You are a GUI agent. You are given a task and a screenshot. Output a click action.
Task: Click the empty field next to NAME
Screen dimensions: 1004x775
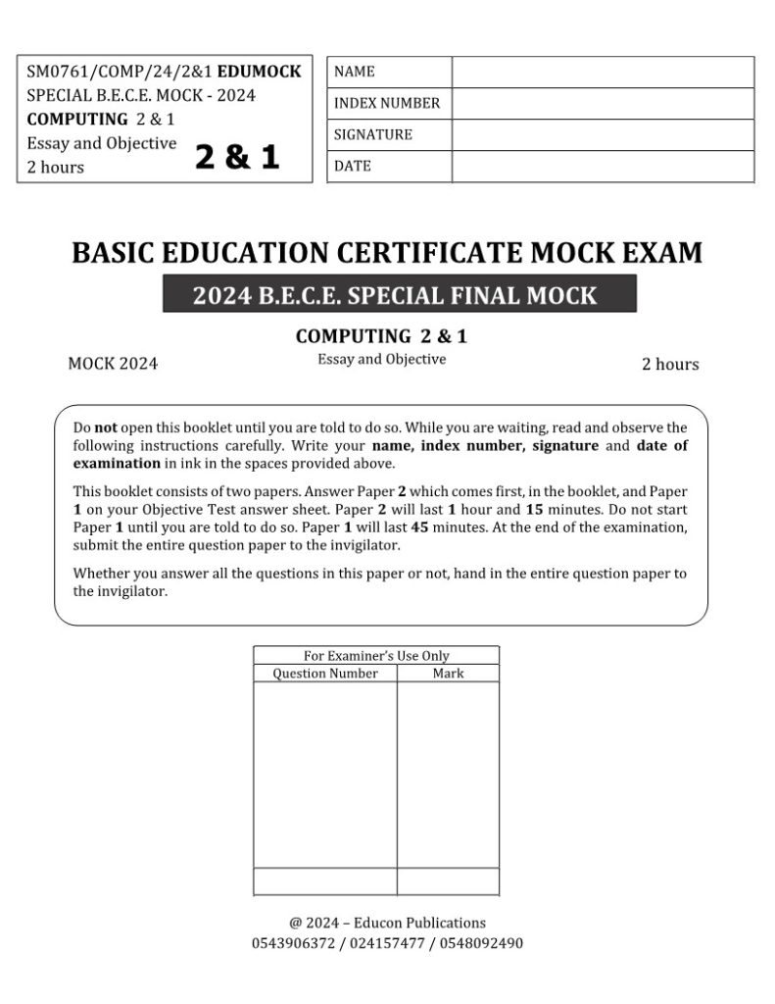click(x=603, y=72)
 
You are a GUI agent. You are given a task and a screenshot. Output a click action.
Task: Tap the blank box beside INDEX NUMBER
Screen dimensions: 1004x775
click(x=603, y=103)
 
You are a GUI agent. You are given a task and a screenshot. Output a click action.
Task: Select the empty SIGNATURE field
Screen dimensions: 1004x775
click(x=603, y=134)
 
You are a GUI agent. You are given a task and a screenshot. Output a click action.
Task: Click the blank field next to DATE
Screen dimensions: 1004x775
click(x=603, y=166)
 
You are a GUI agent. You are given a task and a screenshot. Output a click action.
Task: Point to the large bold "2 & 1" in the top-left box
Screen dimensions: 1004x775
click(x=237, y=157)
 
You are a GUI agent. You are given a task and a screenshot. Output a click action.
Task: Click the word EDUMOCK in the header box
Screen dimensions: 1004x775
click(x=259, y=72)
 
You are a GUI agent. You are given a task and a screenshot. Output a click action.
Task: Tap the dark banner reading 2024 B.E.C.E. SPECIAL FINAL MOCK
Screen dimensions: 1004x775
click(x=399, y=294)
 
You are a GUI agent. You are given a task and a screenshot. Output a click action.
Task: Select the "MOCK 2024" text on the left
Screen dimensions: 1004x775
click(x=113, y=365)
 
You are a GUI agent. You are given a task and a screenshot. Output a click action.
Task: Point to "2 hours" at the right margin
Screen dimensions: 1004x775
click(x=670, y=365)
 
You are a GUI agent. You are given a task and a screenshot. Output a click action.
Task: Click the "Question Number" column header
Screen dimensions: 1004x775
click(x=324, y=674)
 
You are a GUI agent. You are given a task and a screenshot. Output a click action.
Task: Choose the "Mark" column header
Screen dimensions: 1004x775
click(x=448, y=674)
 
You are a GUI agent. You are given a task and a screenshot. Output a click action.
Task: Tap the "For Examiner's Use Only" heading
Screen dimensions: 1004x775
click(x=376, y=656)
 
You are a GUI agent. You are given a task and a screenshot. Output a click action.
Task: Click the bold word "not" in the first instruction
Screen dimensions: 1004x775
click(x=106, y=427)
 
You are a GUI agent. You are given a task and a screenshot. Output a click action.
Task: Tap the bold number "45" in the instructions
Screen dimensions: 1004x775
click(x=421, y=527)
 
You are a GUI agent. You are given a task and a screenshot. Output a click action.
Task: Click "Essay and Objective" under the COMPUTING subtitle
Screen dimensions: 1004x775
click(x=381, y=359)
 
